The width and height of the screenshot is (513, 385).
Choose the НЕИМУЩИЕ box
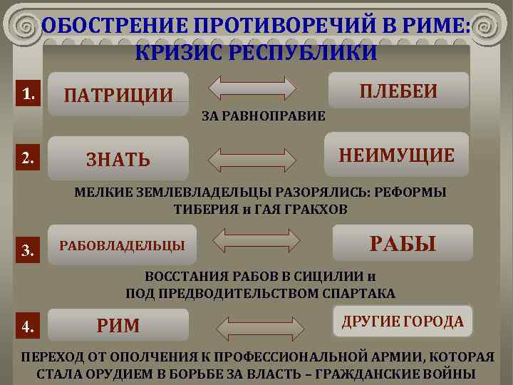396,155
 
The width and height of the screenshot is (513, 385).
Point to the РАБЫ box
403,244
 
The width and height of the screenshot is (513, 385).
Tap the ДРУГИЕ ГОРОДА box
403,322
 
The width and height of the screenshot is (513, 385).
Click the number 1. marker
29,93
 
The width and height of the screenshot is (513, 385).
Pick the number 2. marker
29,158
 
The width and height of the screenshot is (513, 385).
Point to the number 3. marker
29,250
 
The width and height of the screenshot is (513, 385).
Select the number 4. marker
29,327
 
